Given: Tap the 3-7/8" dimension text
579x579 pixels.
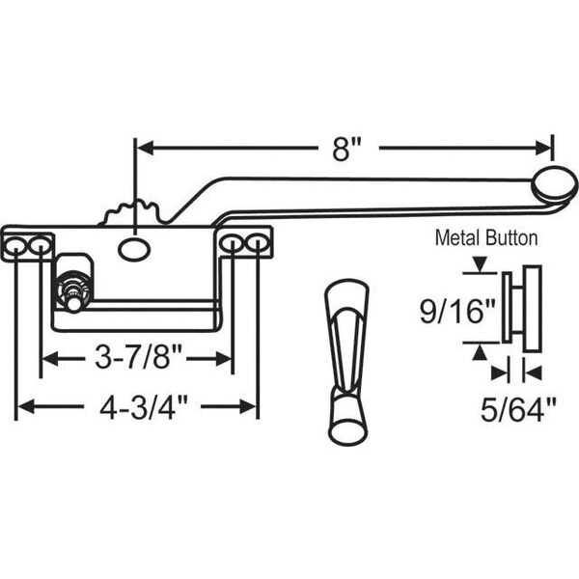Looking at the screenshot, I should pyautogui.click(x=136, y=359).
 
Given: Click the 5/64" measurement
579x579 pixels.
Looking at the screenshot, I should pyautogui.click(x=518, y=409).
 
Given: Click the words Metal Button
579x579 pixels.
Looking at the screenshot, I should pyautogui.click(x=487, y=235).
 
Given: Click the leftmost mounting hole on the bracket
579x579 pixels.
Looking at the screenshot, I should pyautogui.click(x=16, y=247).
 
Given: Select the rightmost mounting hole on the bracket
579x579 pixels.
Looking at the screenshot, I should pyautogui.click(x=257, y=244).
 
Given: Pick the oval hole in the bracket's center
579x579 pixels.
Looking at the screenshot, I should pyautogui.click(x=134, y=249).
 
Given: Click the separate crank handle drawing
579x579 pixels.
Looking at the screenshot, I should pyautogui.click(x=346, y=362).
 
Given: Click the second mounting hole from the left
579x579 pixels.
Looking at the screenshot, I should pyautogui.click(x=40, y=246).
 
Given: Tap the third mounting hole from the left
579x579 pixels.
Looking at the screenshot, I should pyautogui.click(x=233, y=245).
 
